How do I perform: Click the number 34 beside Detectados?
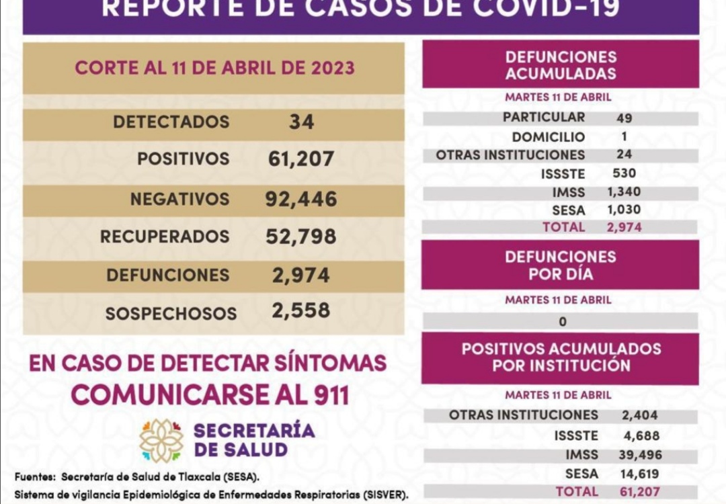click(x=302, y=122)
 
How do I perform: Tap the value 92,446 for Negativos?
click(x=300, y=199)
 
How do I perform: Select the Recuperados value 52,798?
click(x=300, y=237)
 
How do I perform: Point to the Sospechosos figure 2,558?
click(x=300, y=310)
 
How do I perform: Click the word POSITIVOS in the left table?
click(x=183, y=159)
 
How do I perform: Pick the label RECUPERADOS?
click(x=165, y=237)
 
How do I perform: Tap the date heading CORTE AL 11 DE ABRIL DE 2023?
click(x=214, y=68)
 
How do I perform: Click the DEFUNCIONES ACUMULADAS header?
click(x=560, y=65)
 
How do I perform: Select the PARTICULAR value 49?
click(x=624, y=118)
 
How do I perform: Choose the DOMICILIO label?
click(x=548, y=137)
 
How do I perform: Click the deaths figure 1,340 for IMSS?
click(x=623, y=192)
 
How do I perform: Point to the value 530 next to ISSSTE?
click(x=624, y=173)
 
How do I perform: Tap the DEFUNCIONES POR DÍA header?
click(x=560, y=265)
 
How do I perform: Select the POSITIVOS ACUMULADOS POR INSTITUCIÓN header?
click(x=560, y=358)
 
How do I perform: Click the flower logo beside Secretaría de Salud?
click(x=161, y=441)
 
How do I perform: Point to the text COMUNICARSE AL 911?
click(x=210, y=394)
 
